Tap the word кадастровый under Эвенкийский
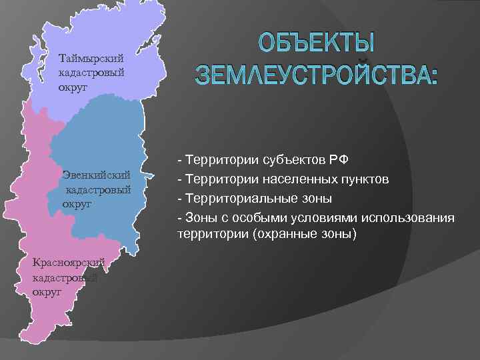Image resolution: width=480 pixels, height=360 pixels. click(x=96, y=190)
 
